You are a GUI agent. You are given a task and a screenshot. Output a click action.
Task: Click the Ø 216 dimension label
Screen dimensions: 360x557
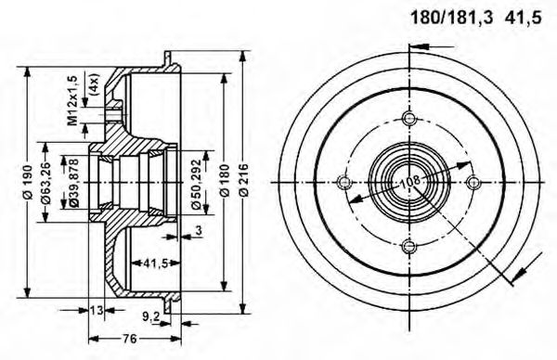243,182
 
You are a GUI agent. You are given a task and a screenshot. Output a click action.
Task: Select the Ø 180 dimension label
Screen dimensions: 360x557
223,182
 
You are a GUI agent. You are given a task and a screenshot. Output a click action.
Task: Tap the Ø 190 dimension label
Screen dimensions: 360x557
27,182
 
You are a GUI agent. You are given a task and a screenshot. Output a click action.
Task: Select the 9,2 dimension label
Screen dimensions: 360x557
151,315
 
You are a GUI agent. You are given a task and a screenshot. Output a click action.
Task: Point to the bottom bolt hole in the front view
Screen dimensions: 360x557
408,246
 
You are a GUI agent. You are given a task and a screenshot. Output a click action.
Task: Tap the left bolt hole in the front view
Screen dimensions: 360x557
343,181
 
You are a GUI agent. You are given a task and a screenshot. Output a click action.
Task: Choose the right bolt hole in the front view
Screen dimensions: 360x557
473,181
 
